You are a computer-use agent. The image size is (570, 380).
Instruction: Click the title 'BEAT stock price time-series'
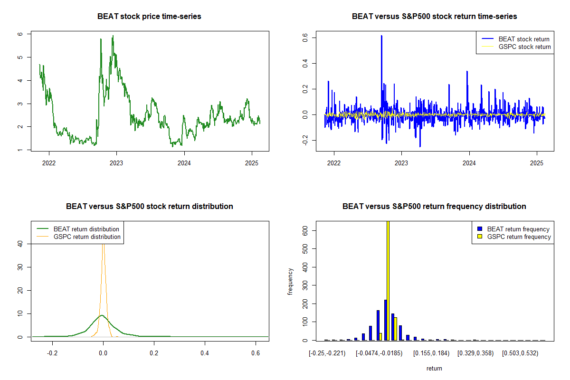[149, 17]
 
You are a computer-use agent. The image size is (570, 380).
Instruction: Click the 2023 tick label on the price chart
[116, 163]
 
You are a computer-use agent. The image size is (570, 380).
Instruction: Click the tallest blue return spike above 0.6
[381, 36]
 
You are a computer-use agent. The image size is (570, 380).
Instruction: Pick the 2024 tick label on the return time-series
[469, 163]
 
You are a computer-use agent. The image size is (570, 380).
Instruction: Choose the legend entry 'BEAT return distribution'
[86, 229]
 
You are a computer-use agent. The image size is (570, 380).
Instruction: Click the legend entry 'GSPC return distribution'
[87, 237]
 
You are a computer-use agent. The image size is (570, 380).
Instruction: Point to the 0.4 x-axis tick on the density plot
[205, 353]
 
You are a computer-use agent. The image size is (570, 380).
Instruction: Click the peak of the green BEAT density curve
[102, 315]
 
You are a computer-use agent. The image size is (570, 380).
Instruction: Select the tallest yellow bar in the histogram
[389, 280]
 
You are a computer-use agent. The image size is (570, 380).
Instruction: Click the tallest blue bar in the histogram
[385, 319]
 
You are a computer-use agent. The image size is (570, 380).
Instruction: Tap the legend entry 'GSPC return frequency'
[519, 237]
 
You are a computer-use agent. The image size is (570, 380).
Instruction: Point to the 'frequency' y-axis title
[290, 282]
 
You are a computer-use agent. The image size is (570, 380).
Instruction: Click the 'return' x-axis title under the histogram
[434, 368]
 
